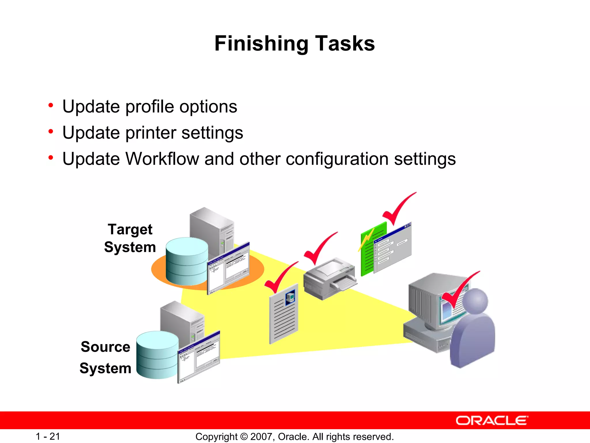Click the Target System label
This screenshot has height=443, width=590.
point(130,238)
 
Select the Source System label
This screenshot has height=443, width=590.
point(105,357)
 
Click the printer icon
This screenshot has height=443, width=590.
point(329,278)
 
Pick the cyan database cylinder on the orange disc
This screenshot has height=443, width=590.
point(187,261)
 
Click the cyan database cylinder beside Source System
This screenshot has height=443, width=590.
point(157,355)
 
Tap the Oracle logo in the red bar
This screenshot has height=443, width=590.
point(492,421)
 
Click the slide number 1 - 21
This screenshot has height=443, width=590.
point(48,436)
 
